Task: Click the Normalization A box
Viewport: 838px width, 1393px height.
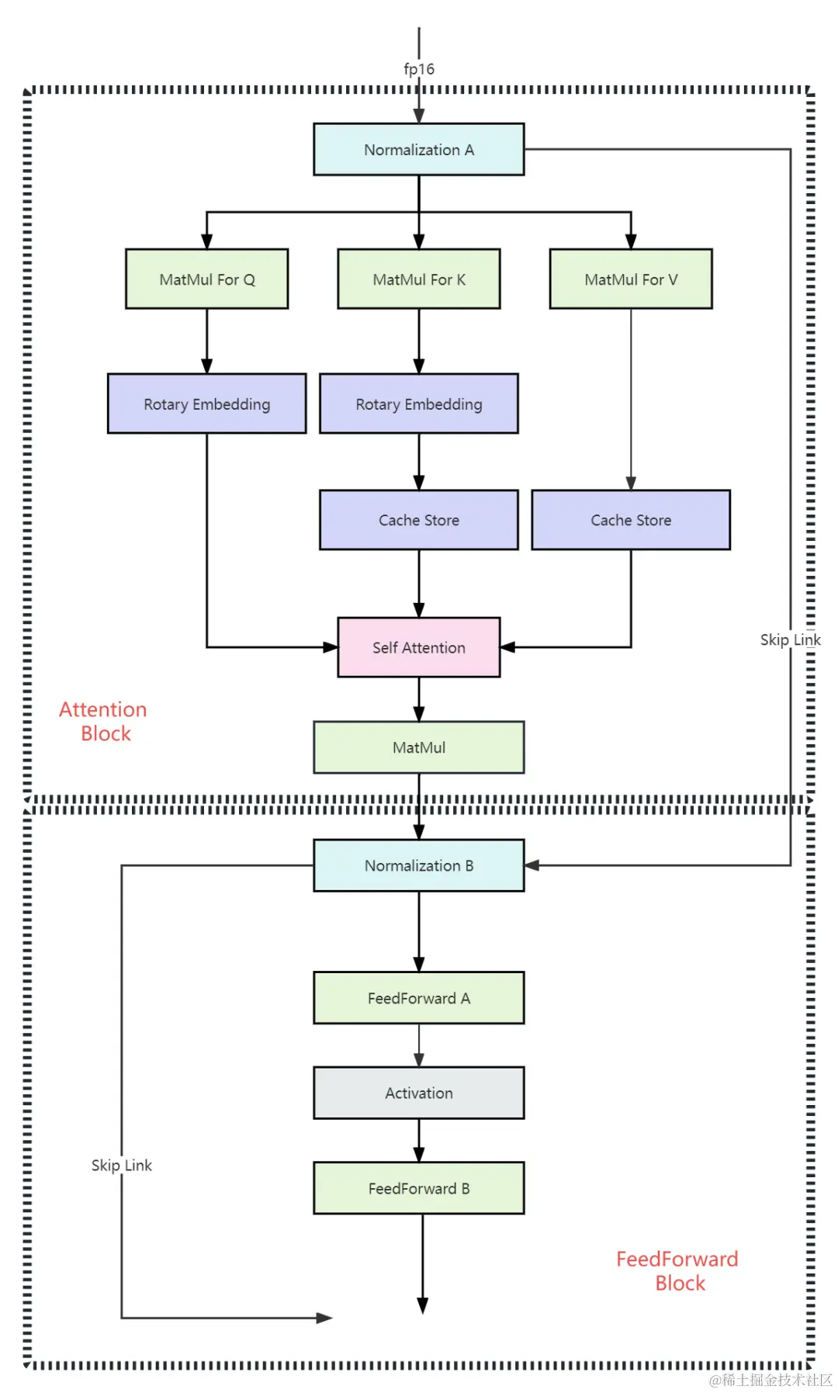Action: pyautogui.click(x=419, y=149)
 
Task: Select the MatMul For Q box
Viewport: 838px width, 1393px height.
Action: pyautogui.click(x=207, y=279)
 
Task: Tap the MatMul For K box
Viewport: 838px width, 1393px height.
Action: pyautogui.click(x=419, y=279)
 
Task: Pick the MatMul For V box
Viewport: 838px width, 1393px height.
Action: pyautogui.click(x=631, y=279)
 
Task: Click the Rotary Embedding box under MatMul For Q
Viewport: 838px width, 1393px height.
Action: pyautogui.click(x=207, y=404)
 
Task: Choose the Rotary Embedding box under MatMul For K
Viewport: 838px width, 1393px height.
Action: pyautogui.click(x=419, y=404)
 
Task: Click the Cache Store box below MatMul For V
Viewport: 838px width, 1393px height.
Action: pyautogui.click(x=631, y=520)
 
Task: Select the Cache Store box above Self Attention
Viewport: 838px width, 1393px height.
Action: pyautogui.click(x=419, y=520)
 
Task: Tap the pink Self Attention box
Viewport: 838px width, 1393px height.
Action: pyautogui.click(x=419, y=647)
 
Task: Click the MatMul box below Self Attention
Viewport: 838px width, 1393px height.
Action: pyautogui.click(x=419, y=747)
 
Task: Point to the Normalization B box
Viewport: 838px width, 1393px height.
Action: pyautogui.click(x=419, y=865)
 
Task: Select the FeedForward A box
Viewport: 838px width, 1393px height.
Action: pyautogui.click(x=419, y=998)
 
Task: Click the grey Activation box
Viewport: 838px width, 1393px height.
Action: pyautogui.click(x=419, y=1093)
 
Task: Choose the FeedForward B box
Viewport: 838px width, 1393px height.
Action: pyautogui.click(x=419, y=1188)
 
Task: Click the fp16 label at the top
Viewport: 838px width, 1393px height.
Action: pyautogui.click(x=419, y=69)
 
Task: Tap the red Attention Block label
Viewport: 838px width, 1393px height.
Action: pyautogui.click(x=103, y=721)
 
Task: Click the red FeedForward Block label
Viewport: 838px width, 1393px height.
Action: pyautogui.click(x=677, y=1270)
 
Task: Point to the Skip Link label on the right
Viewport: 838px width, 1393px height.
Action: pyautogui.click(x=791, y=639)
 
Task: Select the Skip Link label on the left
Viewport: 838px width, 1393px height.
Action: pyautogui.click(x=122, y=1165)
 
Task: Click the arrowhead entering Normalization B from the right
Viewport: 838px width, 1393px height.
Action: pyautogui.click(x=532, y=865)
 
